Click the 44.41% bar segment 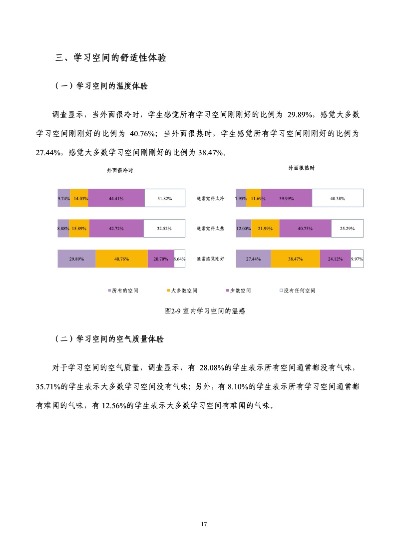click(x=116, y=198)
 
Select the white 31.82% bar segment click(x=165, y=198)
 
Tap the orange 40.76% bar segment click(x=121, y=259)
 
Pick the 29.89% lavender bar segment click(x=76, y=259)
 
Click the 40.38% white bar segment click(x=338, y=198)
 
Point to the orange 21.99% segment click(x=265, y=229)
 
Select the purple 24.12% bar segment click(x=335, y=259)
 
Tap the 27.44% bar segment click(x=253, y=259)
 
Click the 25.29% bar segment click(x=347, y=229)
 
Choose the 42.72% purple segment click(x=116, y=229)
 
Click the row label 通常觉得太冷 click(x=211, y=198)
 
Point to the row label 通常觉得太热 click(x=211, y=229)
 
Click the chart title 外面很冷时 click(x=120, y=170)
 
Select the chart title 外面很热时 click(x=301, y=168)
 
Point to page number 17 click(x=203, y=524)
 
